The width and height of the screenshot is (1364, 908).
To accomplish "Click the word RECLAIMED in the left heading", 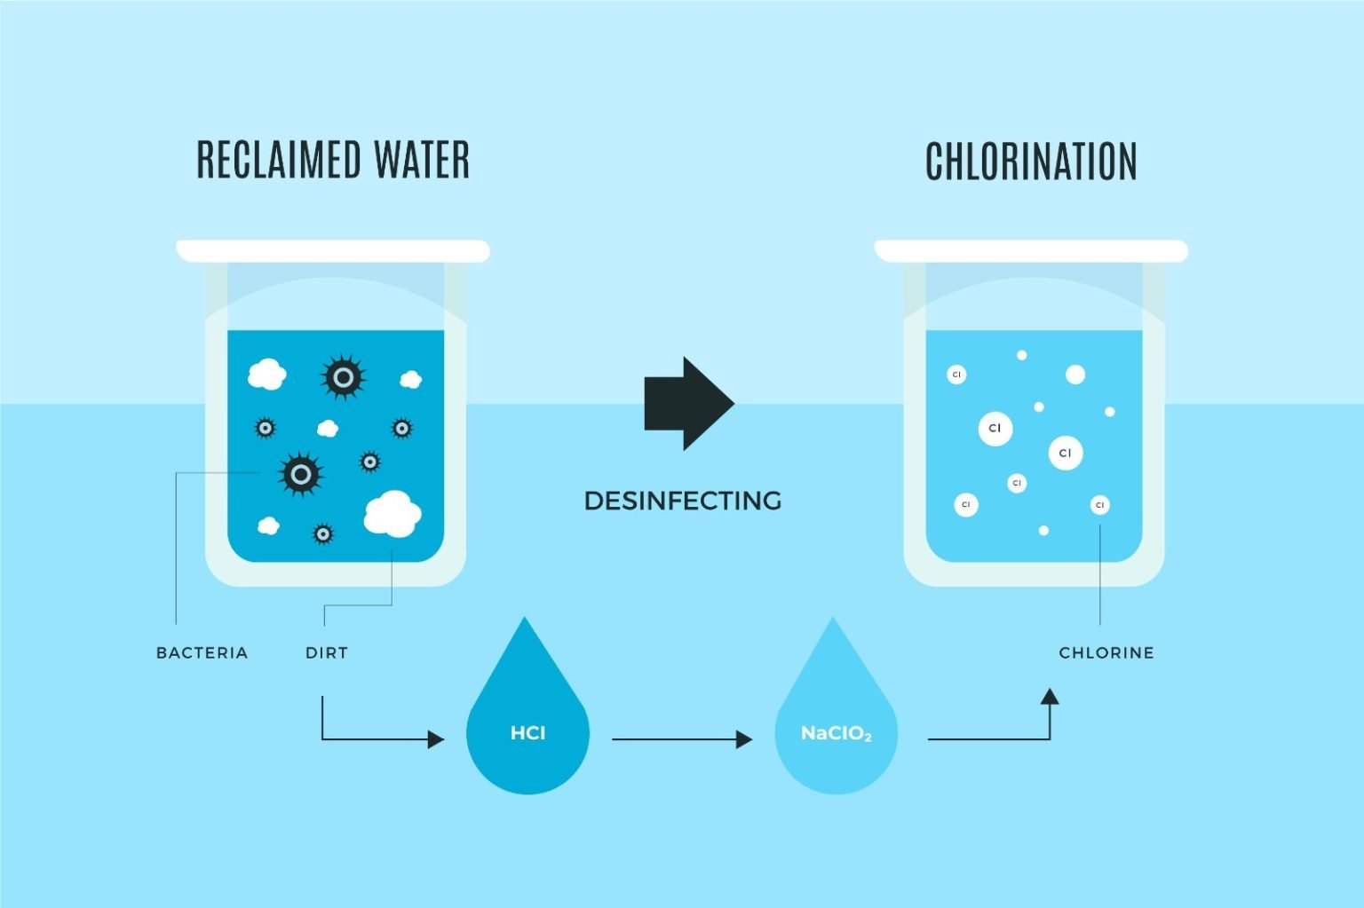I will [278, 161].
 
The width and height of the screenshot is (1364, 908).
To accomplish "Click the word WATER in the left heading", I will [422, 161].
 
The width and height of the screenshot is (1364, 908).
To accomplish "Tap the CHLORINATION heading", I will [1031, 162].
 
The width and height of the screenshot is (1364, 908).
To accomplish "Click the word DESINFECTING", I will [683, 501].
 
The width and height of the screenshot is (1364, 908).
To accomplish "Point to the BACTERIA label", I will [202, 652].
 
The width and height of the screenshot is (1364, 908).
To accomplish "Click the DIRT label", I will [327, 652].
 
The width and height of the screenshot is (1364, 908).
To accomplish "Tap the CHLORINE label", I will [1106, 652].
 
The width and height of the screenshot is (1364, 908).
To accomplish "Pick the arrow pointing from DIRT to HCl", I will [382, 738].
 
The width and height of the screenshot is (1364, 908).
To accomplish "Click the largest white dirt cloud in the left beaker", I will [392, 513].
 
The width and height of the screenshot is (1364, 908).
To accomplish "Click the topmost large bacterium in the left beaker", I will [343, 378].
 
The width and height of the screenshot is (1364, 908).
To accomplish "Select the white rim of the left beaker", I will [333, 251].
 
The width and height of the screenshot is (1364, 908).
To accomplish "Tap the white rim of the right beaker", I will [1031, 251].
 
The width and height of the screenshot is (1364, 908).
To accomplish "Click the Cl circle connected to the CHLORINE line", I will [1099, 505].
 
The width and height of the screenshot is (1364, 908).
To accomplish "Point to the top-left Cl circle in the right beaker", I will [956, 375].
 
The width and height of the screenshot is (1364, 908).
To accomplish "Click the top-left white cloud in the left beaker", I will [266, 375].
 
